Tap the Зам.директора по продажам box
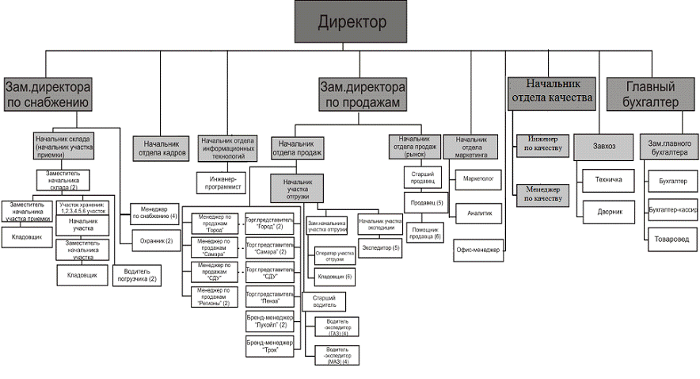coord(363,94)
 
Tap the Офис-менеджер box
coord(478,250)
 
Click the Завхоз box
coord(603,146)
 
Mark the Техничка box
coord(608,179)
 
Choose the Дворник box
coord(608,212)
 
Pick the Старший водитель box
coord(325,300)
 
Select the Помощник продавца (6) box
coord(427,232)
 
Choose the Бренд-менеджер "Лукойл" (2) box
coord(269,321)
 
